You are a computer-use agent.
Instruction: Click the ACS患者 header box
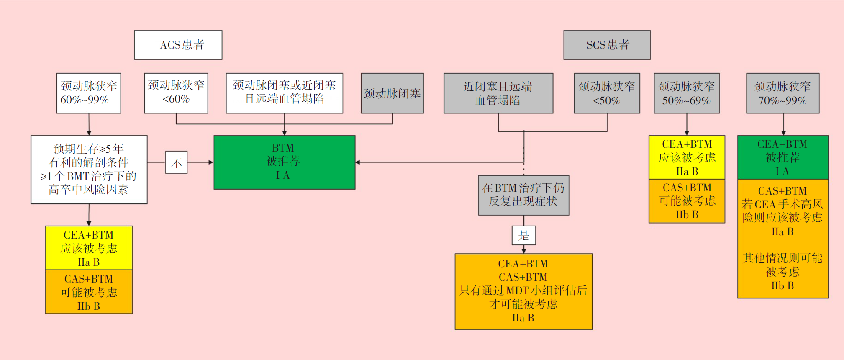178,45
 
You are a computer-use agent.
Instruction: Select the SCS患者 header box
607,45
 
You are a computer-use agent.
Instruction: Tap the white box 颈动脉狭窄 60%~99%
89,93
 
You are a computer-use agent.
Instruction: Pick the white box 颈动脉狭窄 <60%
176,93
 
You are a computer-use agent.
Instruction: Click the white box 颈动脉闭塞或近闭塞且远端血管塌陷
284,93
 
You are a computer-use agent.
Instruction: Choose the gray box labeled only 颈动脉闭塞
392,93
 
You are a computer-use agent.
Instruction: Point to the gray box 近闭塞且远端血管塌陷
498,93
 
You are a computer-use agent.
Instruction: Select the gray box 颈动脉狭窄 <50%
607,93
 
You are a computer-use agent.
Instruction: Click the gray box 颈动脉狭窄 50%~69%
687,93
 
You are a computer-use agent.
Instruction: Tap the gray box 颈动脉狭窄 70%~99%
782,93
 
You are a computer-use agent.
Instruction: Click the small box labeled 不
176,162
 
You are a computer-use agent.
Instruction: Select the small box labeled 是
523,235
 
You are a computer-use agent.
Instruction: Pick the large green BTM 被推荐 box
284,162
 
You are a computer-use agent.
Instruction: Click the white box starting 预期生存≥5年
89,169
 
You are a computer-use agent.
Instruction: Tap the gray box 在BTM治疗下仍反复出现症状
523,195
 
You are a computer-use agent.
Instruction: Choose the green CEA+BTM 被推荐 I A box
782,157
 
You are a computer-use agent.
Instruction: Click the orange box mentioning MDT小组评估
523,291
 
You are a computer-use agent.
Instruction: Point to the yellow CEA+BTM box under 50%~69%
687,157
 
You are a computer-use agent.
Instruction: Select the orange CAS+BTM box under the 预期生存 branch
89,292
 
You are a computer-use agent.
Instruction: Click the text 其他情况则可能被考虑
782,265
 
